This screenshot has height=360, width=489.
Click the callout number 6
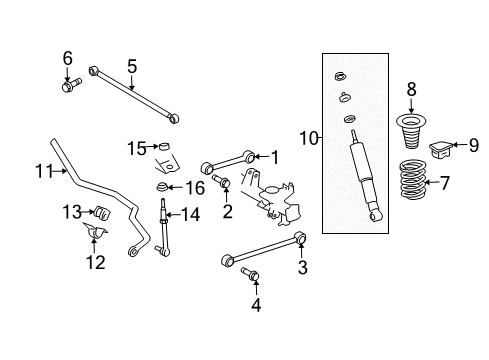pos(68,57)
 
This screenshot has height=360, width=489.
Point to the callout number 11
pos(44,172)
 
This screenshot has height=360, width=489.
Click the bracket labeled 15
pos(163,151)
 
